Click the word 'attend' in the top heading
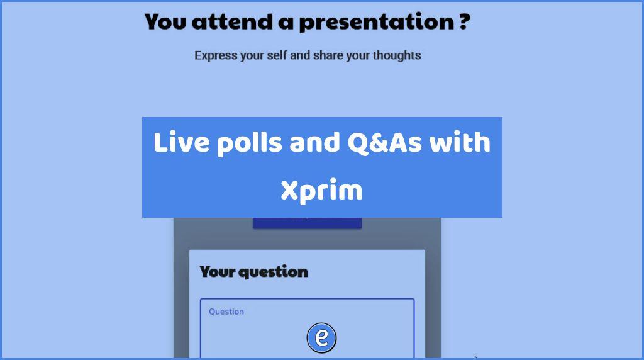[x=232, y=22]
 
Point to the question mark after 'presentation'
[x=464, y=21]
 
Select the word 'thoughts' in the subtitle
[x=397, y=55]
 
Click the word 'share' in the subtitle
[x=327, y=55]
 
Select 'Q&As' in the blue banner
[x=384, y=143]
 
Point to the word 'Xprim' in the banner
[x=321, y=191]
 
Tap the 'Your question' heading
[x=254, y=272]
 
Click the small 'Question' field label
[x=226, y=312]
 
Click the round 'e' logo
[x=321, y=338]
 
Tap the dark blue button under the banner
[x=307, y=223]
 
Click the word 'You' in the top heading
[x=165, y=22]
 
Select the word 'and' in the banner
[x=314, y=143]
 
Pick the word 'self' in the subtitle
[x=277, y=55]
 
